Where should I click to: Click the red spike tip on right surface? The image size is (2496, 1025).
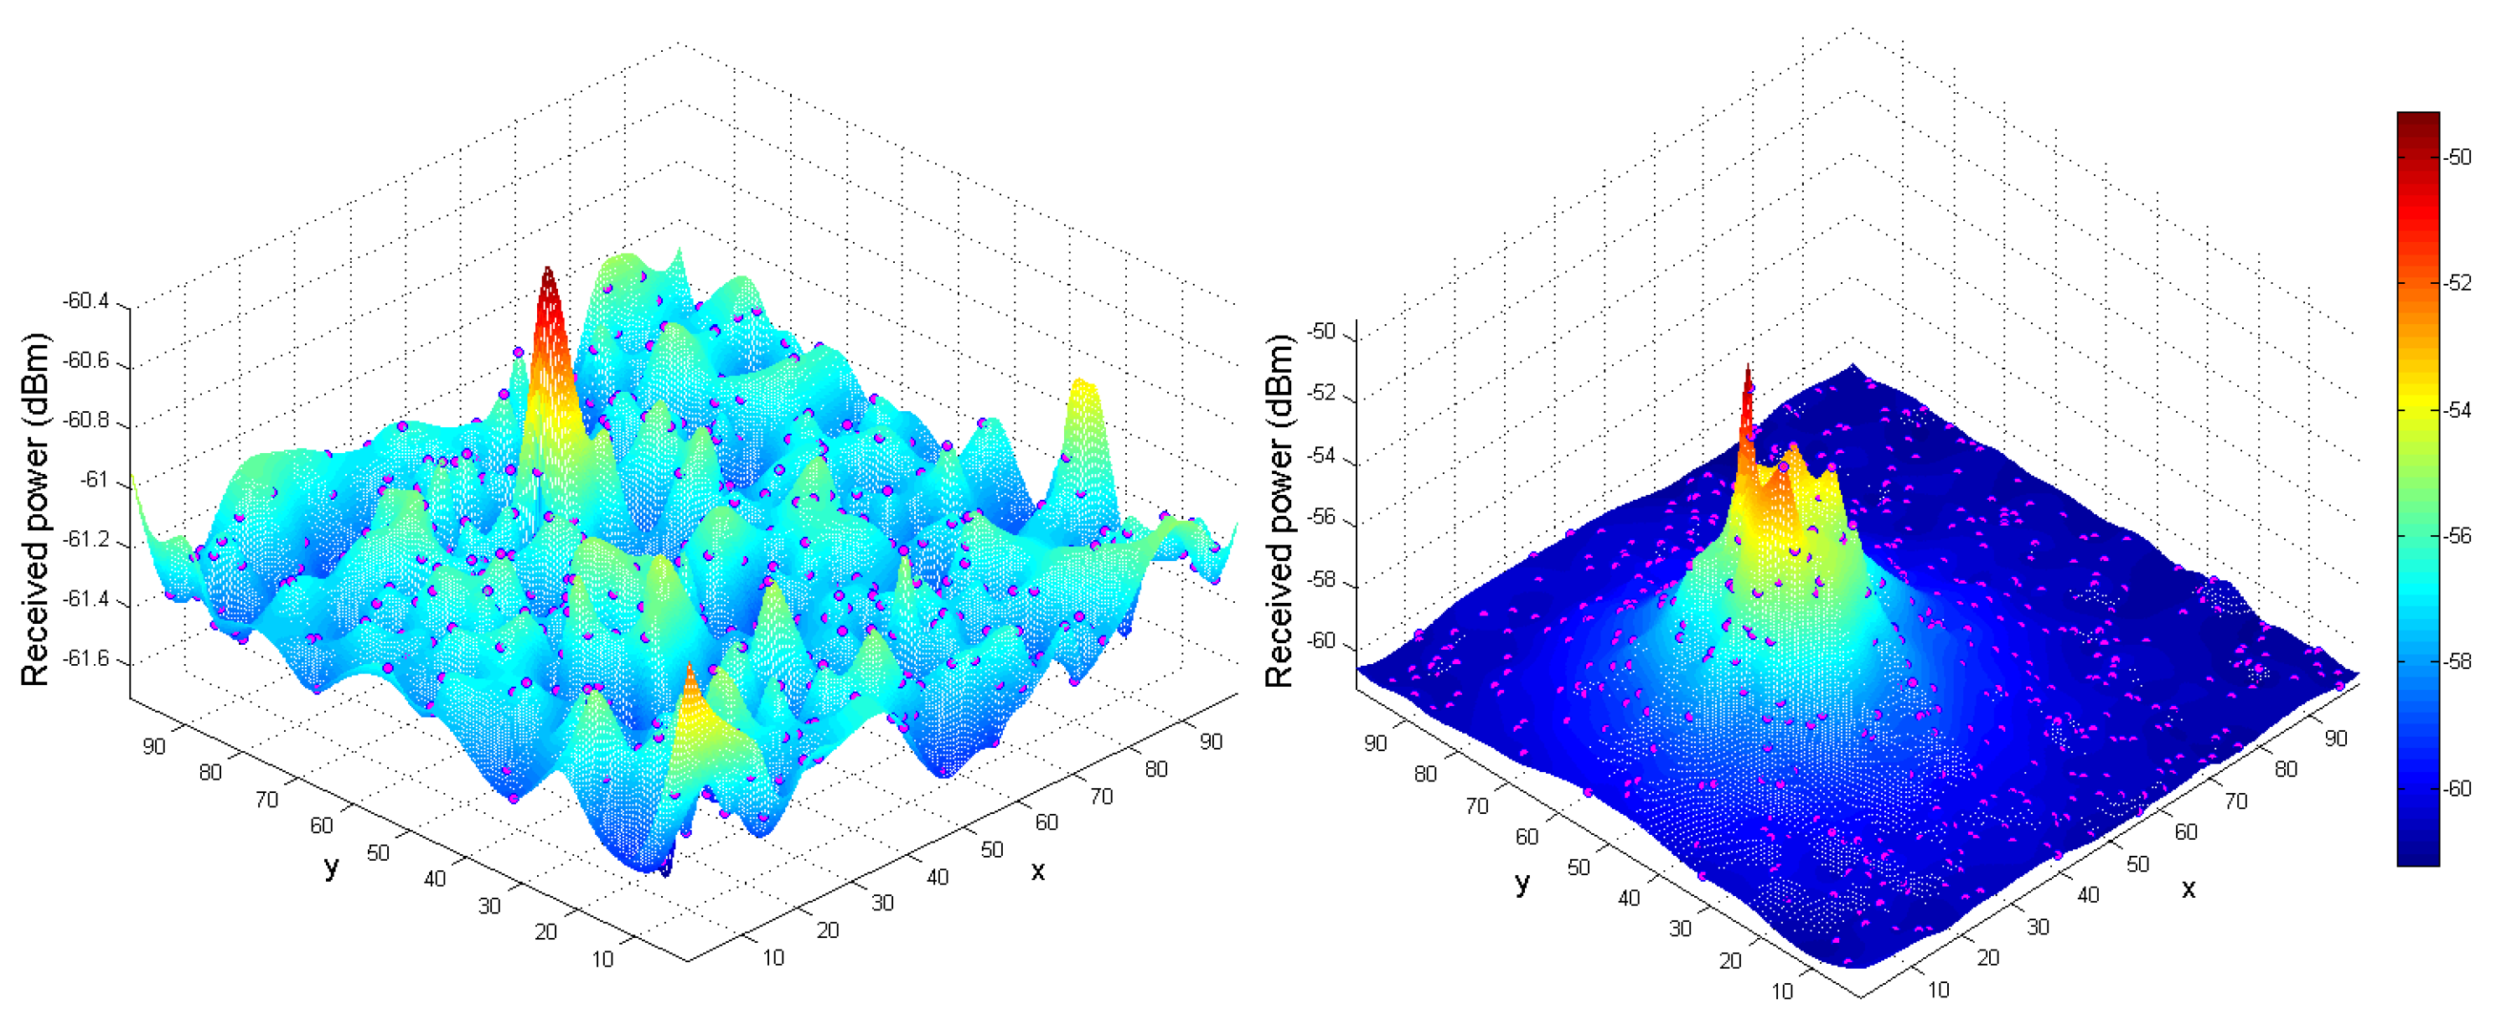(x=1748, y=368)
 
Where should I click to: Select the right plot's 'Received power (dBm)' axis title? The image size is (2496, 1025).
(x=1279, y=511)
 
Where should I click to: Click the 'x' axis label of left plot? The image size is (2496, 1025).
(x=1038, y=871)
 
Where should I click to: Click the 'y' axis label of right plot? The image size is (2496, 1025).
(x=1522, y=882)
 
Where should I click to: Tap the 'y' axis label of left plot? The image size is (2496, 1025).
(x=332, y=866)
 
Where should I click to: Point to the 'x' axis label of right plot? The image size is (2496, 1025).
(x=2188, y=889)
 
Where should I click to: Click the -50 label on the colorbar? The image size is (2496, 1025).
(x=2458, y=157)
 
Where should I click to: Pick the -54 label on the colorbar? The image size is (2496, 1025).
(x=2458, y=409)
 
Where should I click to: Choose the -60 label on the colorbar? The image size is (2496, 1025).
(x=2458, y=789)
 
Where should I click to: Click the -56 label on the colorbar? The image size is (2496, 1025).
(x=2458, y=536)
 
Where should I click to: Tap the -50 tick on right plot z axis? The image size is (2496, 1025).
(x=1321, y=332)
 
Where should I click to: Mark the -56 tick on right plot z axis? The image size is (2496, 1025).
(x=1321, y=518)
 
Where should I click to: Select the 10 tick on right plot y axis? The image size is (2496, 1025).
(x=1782, y=992)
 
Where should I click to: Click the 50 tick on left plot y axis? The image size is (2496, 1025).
(x=378, y=852)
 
